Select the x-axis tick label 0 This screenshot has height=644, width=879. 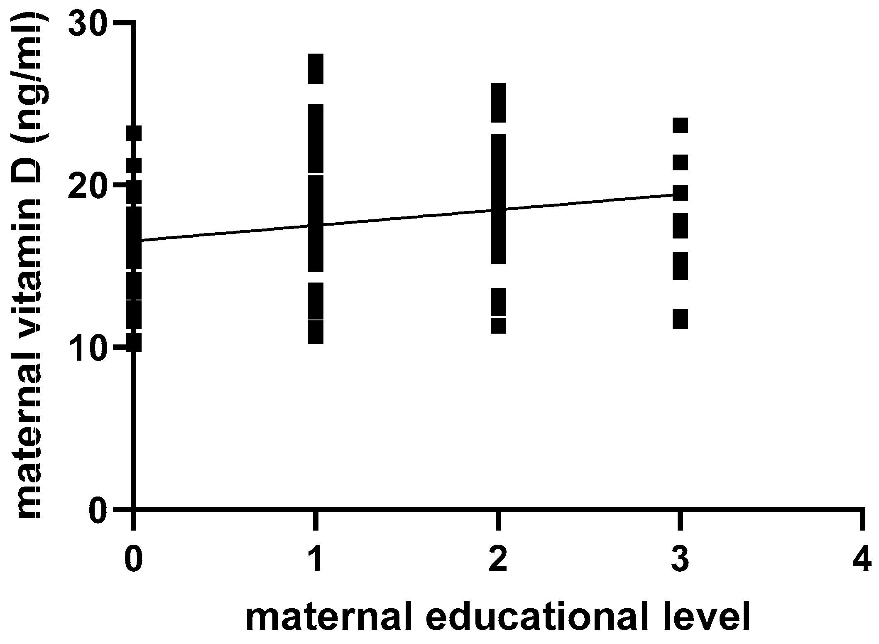tap(133, 560)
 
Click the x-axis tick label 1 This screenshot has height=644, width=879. tap(316, 560)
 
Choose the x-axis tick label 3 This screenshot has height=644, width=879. tap(680, 560)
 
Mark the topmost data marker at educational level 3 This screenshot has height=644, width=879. tap(680, 125)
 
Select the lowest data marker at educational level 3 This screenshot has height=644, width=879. tap(680, 319)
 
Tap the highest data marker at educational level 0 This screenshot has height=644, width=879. tap(134, 133)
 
